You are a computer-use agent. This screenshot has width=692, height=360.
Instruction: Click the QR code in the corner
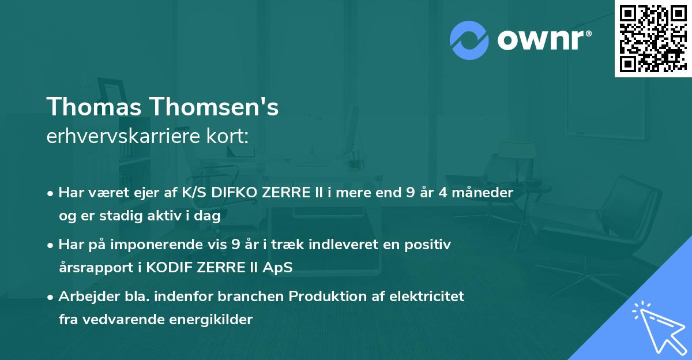(x=653, y=38)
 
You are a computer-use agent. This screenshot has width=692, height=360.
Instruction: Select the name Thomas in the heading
(x=94, y=107)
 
